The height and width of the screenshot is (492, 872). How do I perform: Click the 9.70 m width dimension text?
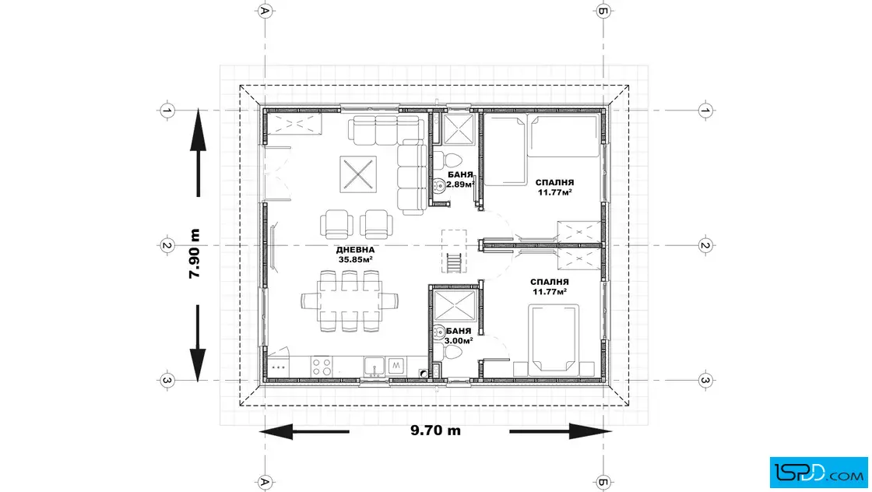(435, 430)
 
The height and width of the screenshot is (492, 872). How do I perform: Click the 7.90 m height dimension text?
(194, 254)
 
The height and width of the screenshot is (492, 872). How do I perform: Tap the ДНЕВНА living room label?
(355, 250)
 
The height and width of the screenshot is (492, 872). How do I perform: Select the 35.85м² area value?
(355, 259)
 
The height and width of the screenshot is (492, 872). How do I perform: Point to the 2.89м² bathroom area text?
(460, 184)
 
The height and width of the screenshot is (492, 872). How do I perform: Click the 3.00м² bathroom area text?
(459, 340)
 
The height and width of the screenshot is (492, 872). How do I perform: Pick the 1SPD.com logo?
(818, 473)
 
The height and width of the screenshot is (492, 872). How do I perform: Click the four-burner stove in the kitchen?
(322, 367)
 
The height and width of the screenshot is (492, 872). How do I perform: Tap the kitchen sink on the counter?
(374, 367)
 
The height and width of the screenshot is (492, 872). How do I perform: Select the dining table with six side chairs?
(350, 300)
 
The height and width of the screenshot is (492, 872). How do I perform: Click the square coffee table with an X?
(358, 174)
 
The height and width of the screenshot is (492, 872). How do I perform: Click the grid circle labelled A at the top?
(265, 11)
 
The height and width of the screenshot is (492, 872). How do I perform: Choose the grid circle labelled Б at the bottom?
(603, 481)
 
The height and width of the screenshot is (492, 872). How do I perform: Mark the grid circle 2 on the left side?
(167, 246)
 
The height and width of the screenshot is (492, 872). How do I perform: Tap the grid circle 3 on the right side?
(705, 381)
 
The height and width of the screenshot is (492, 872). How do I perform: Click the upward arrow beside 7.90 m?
(198, 153)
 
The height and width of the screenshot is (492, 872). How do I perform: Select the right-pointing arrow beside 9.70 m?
(560, 431)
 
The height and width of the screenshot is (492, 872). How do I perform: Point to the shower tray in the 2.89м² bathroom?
(459, 129)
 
